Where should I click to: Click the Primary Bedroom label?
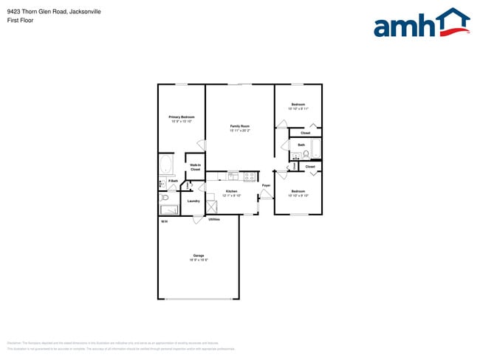(181, 117)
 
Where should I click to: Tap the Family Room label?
(240, 126)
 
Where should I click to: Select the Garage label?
(198, 255)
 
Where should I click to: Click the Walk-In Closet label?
(195, 167)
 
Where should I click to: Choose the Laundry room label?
(193, 201)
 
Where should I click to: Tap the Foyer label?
(266, 185)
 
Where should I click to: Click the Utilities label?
(213, 219)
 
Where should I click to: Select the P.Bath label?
(173, 181)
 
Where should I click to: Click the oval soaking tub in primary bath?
(166, 164)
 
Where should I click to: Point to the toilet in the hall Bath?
(305, 154)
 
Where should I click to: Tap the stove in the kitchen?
(250, 176)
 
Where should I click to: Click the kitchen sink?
(233, 176)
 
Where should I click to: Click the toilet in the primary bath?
(165, 198)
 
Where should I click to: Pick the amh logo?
(422, 23)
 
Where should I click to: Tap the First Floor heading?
(20, 21)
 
